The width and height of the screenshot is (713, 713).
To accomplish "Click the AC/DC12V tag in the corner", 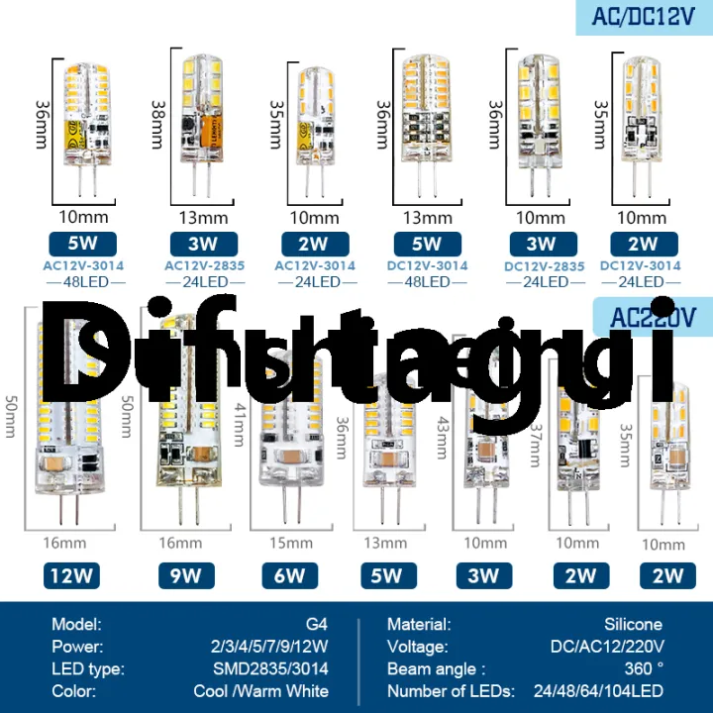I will (x=643, y=17).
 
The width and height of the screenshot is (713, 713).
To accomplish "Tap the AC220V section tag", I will (x=654, y=318).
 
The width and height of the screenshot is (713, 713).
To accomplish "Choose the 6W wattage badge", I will (x=289, y=575).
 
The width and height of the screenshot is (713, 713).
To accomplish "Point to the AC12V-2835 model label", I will (x=206, y=265).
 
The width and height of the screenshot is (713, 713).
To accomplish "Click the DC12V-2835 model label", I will (x=544, y=265).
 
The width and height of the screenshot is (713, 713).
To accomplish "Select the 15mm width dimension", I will (x=289, y=543).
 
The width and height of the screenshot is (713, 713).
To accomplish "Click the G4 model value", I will (x=317, y=625).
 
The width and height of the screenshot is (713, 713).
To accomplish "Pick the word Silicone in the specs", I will (x=633, y=625).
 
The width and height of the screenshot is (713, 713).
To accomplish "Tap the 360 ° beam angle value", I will (x=645, y=668).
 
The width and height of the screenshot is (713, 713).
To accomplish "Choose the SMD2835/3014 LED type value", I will (x=270, y=668).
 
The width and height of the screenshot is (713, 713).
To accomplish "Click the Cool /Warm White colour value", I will (x=260, y=691).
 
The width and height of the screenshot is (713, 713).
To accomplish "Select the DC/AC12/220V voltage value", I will (x=606, y=647).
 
